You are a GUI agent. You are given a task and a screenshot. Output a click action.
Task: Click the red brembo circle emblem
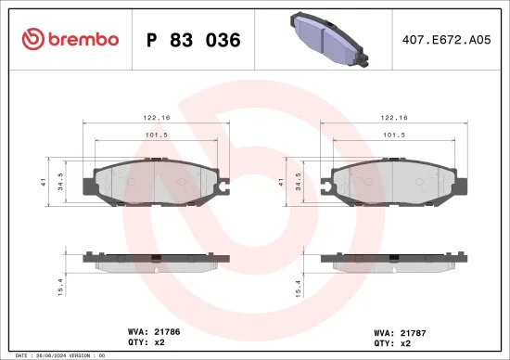tap(32, 39)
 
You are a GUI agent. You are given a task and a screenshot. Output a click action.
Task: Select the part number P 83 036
tap(194, 40)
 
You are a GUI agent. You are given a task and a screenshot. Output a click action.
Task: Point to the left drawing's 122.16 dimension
tap(157, 119)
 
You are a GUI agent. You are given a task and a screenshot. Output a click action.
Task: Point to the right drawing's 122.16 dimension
tap(394, 119)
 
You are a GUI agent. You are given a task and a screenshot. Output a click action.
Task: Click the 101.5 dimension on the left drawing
tap(157, 135)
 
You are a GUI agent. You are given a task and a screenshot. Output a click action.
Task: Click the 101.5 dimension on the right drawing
tap(394, 135)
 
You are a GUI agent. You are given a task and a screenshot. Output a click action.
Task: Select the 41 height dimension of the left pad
tap(45, 183)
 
